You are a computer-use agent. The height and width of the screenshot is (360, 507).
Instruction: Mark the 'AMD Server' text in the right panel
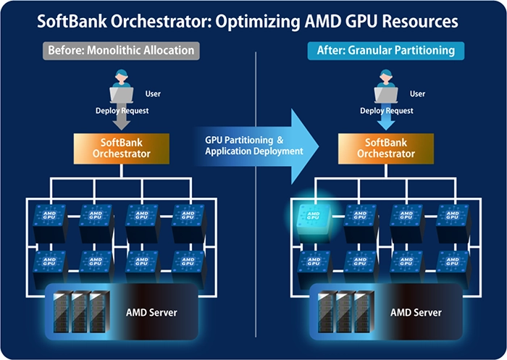click(416, 313)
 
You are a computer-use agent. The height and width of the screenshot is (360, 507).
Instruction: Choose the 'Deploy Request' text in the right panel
click(387, 111)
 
